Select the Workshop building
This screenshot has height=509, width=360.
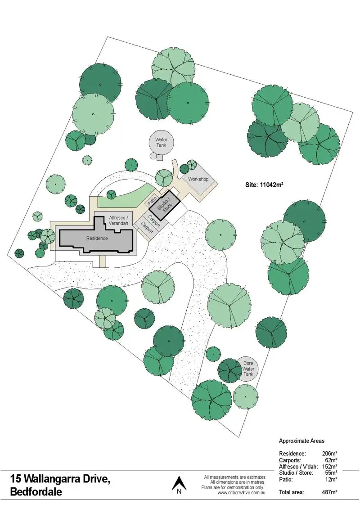(198, 179)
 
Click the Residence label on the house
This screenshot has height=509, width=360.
(97, 238)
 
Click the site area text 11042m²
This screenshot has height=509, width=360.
(264, 185)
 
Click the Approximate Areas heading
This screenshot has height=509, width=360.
(301, 441)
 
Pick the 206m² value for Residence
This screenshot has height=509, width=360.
(330, 454)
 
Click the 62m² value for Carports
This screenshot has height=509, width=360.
(331, 460)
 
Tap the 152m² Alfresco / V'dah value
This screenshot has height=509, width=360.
(330, 467)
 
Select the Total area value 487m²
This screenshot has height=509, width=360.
(330, 492)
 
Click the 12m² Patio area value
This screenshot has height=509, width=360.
(331, 480)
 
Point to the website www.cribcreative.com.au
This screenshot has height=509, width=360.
(241, 493)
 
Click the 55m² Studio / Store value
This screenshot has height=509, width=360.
(331, 473)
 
